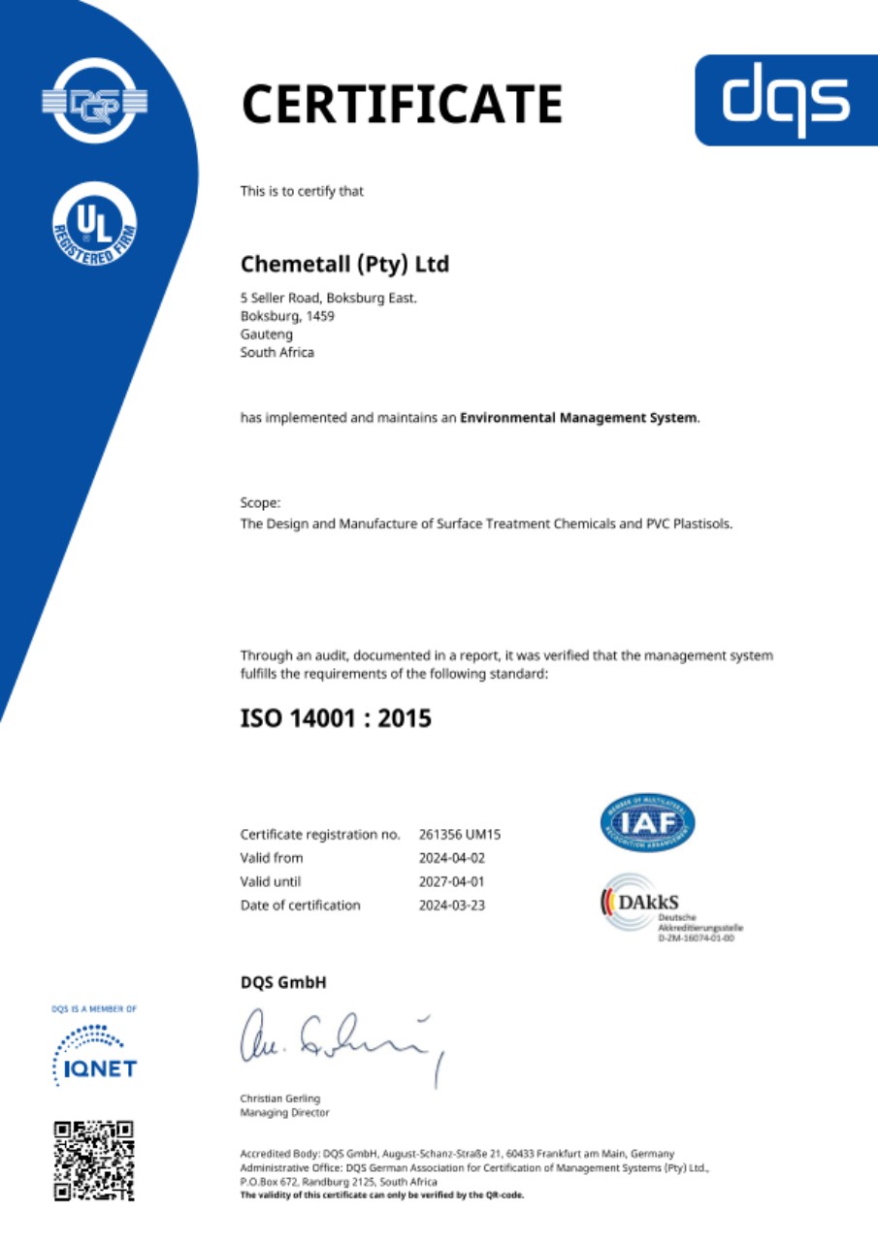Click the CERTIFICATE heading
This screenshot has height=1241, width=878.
[402, 104]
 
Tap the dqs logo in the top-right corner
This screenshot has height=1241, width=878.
[786, 100]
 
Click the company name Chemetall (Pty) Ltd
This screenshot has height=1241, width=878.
[344, 263]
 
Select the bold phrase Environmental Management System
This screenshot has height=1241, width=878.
[578, 418]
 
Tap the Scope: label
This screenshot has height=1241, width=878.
[260, 503]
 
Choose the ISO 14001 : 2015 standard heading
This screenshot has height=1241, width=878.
[335, 718]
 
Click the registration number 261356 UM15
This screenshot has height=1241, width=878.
[459, 834]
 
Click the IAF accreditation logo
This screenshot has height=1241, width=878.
[647, 823]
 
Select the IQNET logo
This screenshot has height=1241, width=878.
[94, 1056]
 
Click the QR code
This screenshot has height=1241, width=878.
[94, 1161]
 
